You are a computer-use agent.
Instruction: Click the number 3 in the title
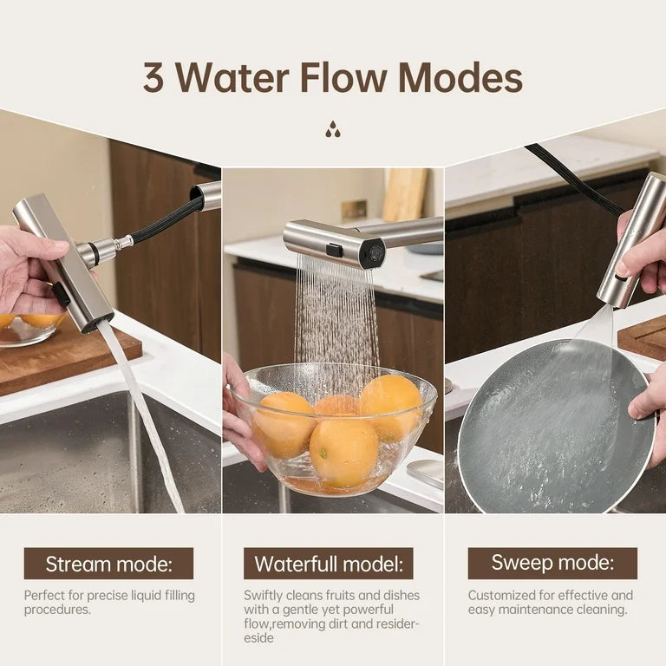point(153,78)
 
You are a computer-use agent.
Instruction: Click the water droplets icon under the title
point(333,130)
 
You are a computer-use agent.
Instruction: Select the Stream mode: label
point(108,564)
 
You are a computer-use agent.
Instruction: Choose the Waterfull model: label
point(329,564)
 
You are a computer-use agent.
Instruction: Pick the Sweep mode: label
point(552,563)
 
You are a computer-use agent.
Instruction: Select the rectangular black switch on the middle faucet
point(334,250)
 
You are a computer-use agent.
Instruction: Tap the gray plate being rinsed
point(555,425)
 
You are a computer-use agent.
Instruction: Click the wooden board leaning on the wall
point(405,194)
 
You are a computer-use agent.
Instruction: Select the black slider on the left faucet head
point(62,295)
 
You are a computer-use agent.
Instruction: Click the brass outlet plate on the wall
point(354,210)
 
